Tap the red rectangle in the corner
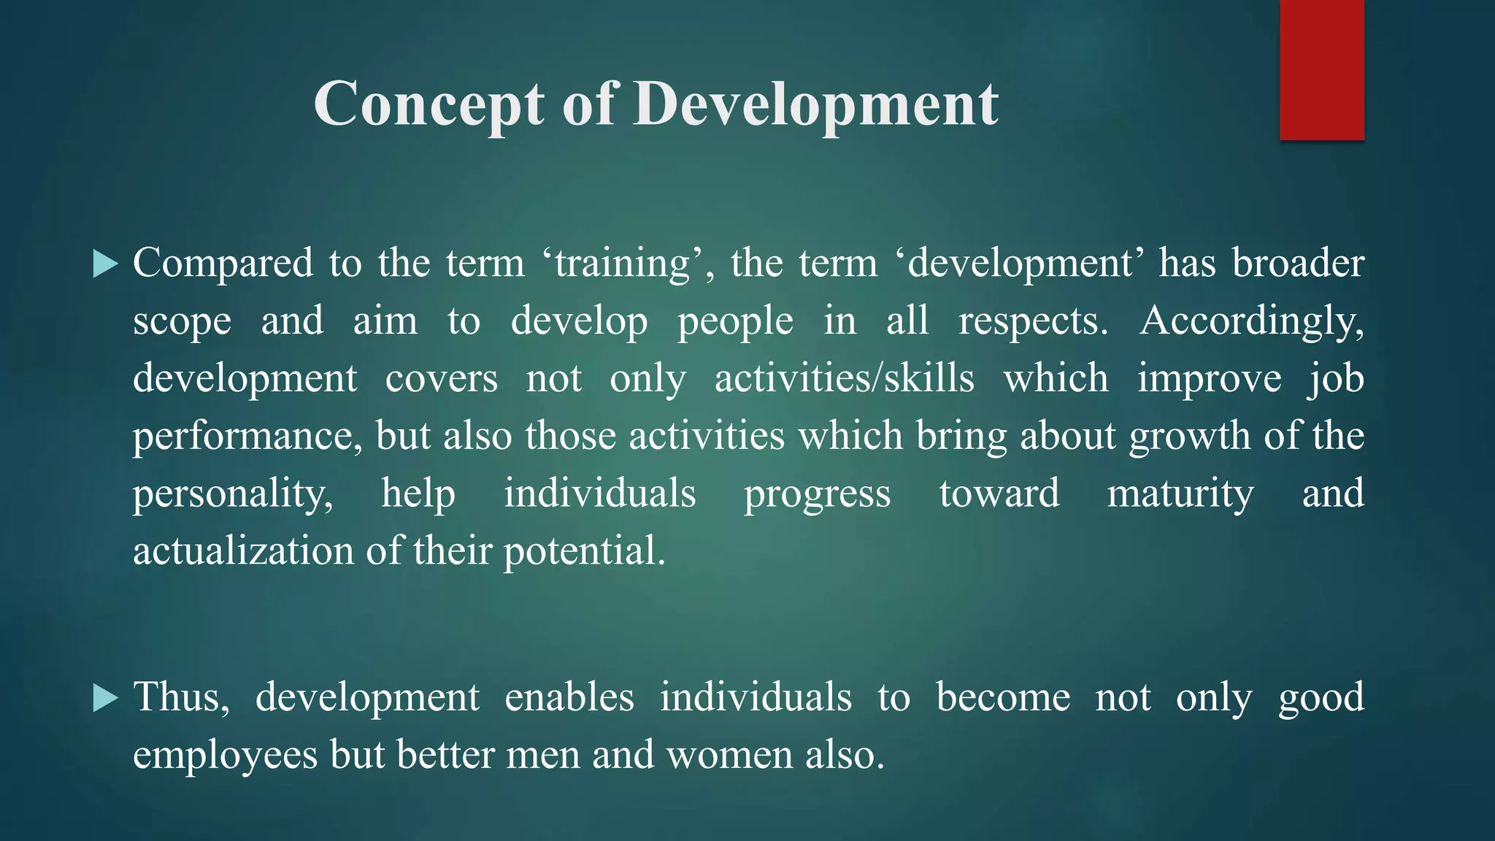1321,69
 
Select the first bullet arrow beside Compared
106,265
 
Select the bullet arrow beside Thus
106,699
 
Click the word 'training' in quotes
622,264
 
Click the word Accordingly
1251,321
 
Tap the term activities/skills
844,379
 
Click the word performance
247,437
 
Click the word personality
232,494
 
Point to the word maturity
1180,494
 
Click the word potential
584,552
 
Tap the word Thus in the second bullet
180,697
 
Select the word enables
569,697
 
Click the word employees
225,755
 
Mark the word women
729,755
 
